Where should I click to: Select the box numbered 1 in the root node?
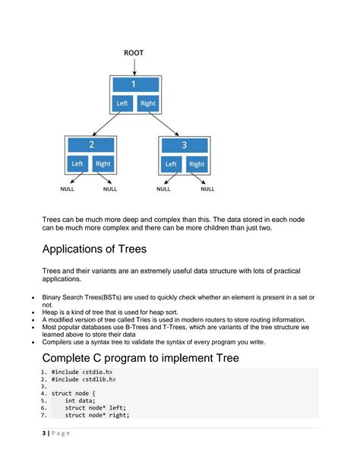point(134,85)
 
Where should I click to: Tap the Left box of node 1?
point(122,103)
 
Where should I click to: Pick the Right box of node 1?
point(148,103)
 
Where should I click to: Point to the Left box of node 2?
point(77,163)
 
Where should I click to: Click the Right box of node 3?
point(197,163)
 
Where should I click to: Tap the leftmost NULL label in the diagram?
point(68,189)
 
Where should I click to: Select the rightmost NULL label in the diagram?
point(207,189)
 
